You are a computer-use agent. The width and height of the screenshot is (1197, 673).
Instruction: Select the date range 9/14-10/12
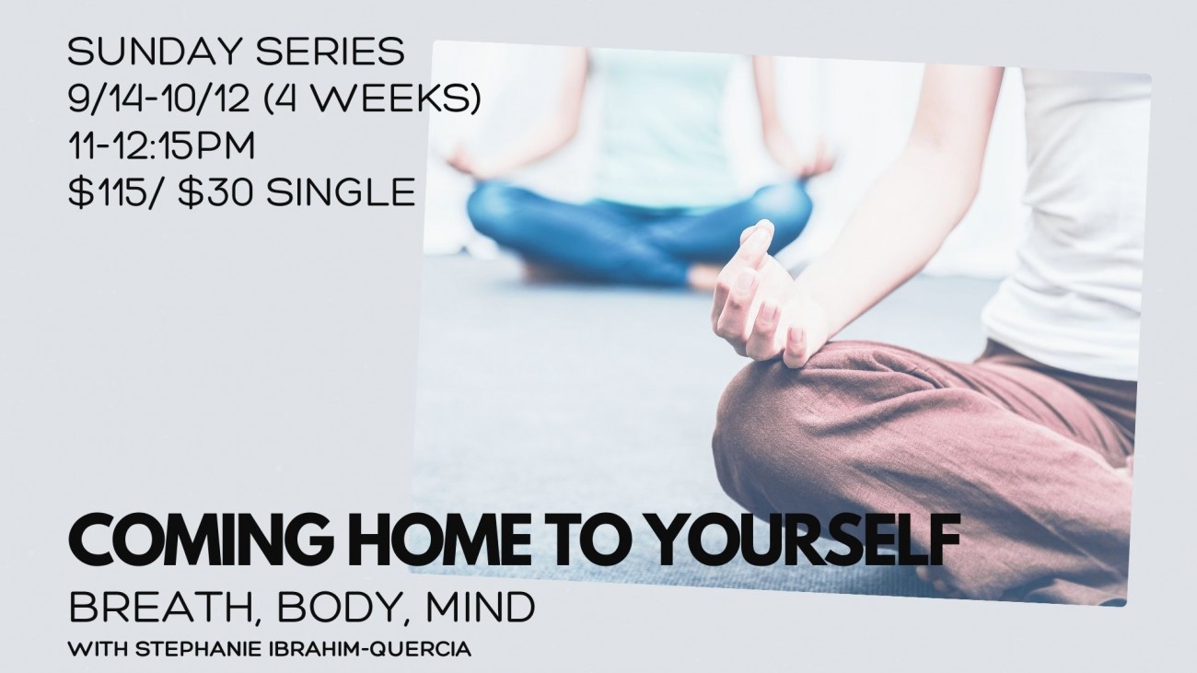[x=160, y=99]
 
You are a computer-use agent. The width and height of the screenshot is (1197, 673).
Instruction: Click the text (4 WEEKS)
[x=372, y=99]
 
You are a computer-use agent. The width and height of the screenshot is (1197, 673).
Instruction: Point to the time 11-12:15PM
[x=161, y=145]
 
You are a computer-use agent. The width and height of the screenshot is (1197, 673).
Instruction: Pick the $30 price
[x=215, y=192]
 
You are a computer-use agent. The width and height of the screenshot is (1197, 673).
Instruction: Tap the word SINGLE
[x=341, y=192]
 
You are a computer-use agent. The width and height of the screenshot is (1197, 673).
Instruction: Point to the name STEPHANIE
[x=198, y=649]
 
